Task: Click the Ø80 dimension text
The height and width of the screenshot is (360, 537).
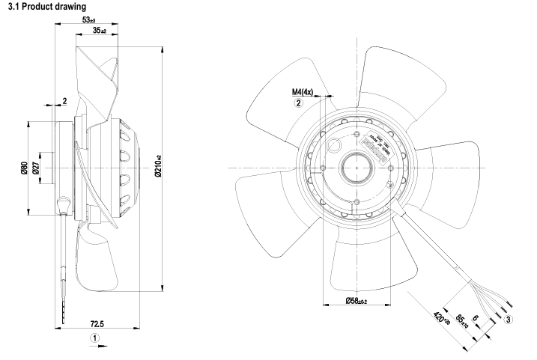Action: pyautogui.click(x=22, y=166)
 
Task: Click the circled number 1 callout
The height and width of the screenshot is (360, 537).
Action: pyautogui.click(x=94, y=338)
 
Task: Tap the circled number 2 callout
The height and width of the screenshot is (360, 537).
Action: pyautogui.click(x=300, y=104)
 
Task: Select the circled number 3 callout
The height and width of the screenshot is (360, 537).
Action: pyautogui.click(x=509, y=319)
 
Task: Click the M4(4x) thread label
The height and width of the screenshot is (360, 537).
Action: pyautogui.click(x=303, y=93)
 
